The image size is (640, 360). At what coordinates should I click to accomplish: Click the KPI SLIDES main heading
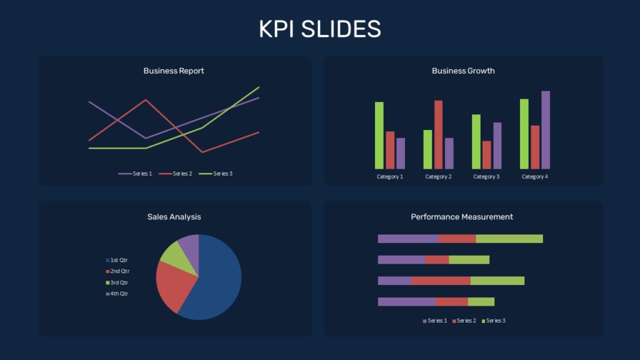click(x=319, y=29)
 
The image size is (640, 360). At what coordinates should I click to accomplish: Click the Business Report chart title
click(x=174, y=71)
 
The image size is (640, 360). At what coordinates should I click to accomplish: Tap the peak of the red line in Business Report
click(x=146, y=100)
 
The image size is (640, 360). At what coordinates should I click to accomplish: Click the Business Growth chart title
click(x=463, y=71)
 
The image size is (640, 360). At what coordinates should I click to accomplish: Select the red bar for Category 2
click(x=438, y=134)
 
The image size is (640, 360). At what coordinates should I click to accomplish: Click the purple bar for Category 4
click(x=546, y=130)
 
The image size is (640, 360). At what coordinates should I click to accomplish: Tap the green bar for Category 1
click(x=379, y=135)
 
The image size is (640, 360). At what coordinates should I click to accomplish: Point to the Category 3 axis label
click(x=486, y=177)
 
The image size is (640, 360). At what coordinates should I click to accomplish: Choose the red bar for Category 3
click(x=487, y=154)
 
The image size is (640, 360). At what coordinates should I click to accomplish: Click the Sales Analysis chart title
click(x=174, y=217)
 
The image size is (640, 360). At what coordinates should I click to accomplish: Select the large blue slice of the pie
click(x=216, y=281)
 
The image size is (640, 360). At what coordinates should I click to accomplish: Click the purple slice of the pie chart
click(x=189, y=246)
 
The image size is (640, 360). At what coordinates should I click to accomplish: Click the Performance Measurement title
click(x=462, y=217)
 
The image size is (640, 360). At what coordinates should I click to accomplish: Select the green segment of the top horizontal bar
click(x=509, y=239)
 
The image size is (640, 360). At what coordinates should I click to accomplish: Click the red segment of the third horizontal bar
click(x=441, y=281)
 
